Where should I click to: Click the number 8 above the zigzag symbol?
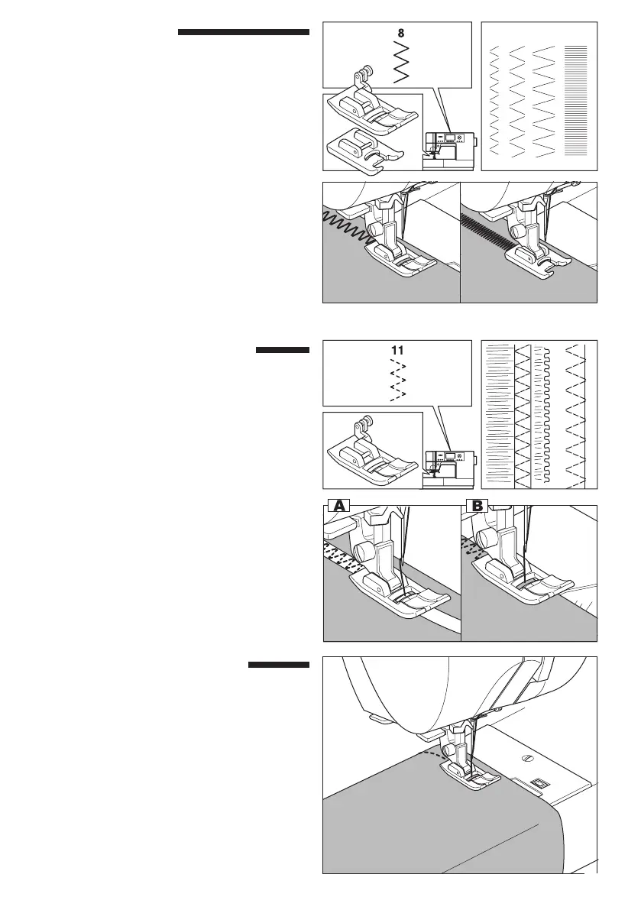[400, 34]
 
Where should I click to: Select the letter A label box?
[338, 504]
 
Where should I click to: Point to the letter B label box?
[478, 504]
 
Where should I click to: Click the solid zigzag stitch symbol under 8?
[400, 61]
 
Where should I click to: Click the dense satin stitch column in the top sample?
[575, 99]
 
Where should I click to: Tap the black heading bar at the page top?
[243, 33]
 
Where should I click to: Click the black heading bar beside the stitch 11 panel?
[282, 351]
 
